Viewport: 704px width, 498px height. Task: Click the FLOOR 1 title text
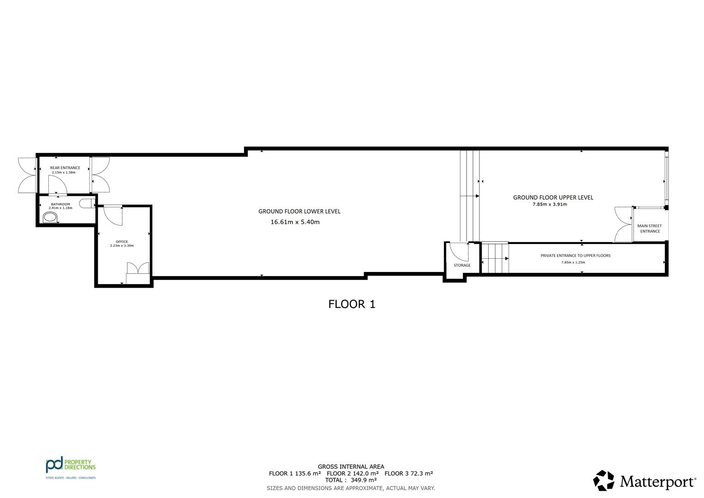[352, 304]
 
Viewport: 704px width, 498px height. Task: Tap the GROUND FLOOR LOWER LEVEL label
[299, 212]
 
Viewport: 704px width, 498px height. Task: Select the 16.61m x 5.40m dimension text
[295, 222]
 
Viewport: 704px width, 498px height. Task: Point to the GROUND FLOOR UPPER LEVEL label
[553, 197]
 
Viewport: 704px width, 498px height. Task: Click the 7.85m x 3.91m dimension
[550, 204]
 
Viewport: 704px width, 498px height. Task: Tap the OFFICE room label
[122, 242]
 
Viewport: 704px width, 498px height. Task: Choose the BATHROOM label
[60, 204]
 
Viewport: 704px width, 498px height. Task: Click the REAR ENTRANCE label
[65, 168]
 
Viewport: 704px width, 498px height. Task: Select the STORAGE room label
[462, 265]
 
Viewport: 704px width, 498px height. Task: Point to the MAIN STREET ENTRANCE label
[650, 229]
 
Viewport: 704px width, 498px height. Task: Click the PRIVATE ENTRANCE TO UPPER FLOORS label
[575, 255]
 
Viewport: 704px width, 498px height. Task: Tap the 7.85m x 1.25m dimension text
[573, 262]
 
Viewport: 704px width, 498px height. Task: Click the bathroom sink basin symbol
[50, 217]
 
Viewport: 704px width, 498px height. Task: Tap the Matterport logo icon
[603, 480]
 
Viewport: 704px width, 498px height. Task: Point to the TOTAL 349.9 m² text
[351, 480]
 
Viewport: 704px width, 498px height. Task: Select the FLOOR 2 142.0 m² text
[353, 474]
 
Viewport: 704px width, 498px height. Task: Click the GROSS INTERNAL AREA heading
[351, 467]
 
